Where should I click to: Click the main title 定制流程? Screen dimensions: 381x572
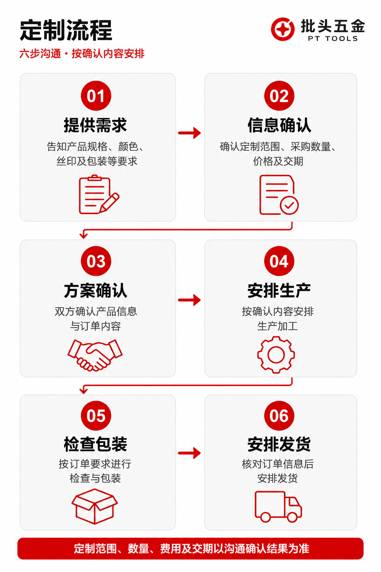66,31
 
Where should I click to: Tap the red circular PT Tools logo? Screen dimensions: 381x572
282,29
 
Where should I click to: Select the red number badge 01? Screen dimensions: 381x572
96,96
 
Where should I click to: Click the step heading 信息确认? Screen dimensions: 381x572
279,125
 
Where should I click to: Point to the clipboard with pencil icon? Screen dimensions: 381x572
99,194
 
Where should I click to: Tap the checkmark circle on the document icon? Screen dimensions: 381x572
289,205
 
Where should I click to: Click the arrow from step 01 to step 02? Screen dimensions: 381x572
190,133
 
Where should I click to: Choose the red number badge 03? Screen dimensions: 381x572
96,261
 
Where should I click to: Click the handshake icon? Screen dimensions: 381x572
95,355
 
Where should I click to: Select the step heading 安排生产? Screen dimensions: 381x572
279,290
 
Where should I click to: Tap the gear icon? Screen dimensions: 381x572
276,355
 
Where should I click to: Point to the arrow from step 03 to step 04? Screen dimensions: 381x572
190,300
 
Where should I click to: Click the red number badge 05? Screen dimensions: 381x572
96,416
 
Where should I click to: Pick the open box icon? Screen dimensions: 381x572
95,506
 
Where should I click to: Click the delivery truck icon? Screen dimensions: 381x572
278,506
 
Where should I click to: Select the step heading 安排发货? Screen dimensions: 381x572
279,444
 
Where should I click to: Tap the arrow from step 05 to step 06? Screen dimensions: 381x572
190,453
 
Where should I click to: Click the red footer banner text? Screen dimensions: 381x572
191,549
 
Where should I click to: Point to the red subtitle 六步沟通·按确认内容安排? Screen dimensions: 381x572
82,54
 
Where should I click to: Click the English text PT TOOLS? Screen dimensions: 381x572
333,39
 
